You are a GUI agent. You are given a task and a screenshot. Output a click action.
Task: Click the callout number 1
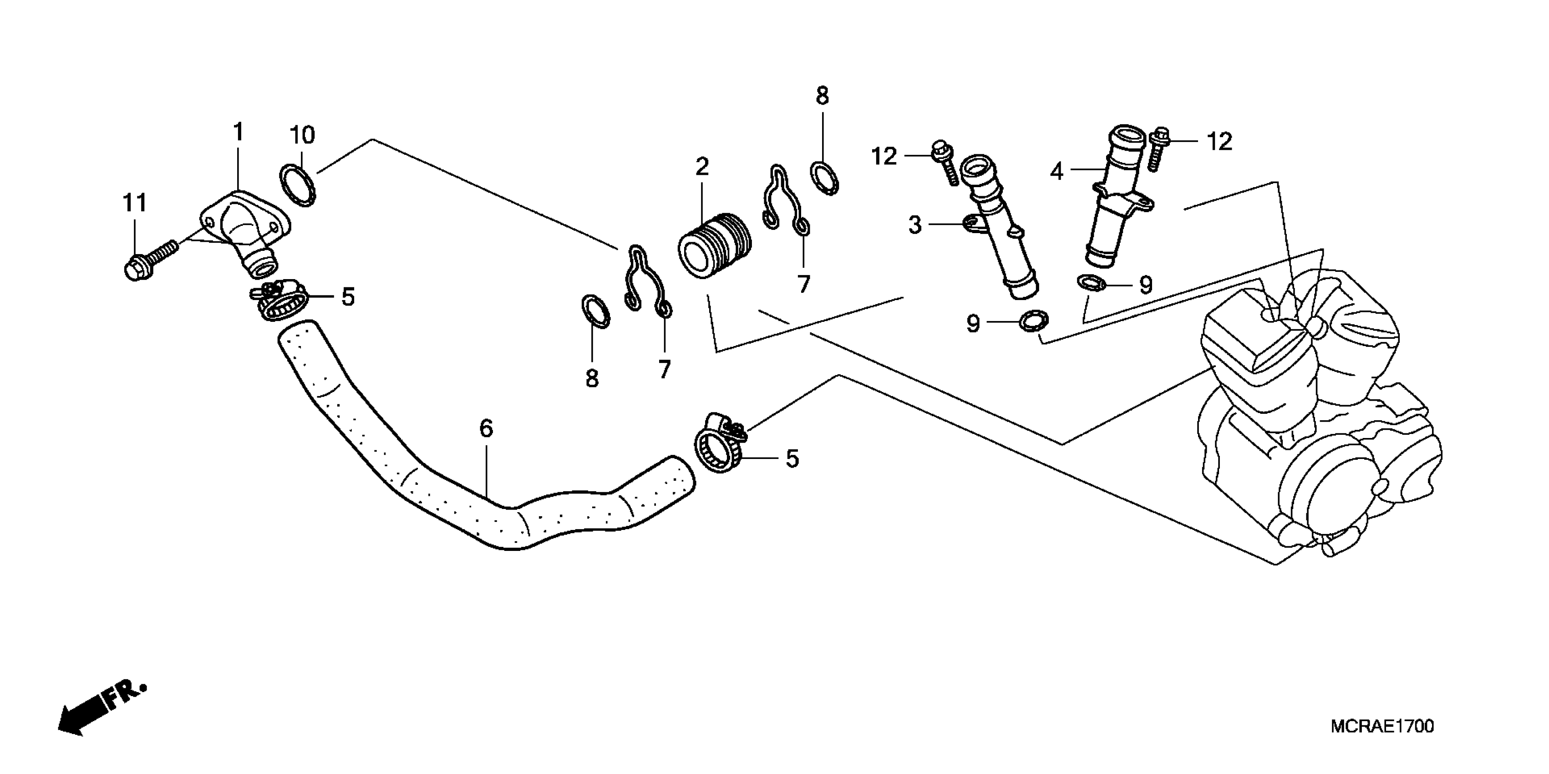click(239, 132)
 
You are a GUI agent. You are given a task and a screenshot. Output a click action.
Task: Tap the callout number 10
click(302, 135)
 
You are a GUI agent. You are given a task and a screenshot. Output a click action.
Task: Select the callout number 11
click(135, 203)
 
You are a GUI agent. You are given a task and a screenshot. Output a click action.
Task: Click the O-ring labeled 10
click(297, 185)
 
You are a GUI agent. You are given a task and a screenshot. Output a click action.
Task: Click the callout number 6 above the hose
click(486, 429)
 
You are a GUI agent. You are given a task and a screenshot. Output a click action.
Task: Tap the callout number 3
click(914, 225)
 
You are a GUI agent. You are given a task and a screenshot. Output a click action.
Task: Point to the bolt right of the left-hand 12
click(945, 163)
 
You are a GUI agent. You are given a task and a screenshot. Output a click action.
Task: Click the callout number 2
click(702, 167)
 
